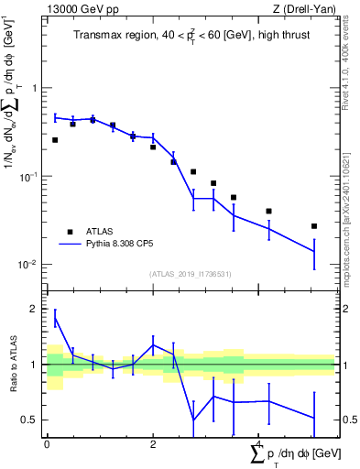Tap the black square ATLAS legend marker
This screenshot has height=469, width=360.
pos(69,232)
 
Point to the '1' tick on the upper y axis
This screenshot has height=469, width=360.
pos(37,89)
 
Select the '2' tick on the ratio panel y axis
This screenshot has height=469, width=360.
pos(37,310)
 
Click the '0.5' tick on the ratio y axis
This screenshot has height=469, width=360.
pos(33,420)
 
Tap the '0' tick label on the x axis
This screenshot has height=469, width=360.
pos(47,444)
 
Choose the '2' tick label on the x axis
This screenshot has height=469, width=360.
pos(153,444)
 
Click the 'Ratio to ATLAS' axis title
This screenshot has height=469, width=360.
pos(14,365)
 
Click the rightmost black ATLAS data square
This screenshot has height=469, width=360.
pos(314,225)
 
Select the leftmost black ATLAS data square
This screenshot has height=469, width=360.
pos(55,140)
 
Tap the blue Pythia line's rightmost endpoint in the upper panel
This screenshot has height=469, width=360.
pos(314,251)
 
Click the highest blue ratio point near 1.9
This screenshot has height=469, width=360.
pos(55,317)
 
